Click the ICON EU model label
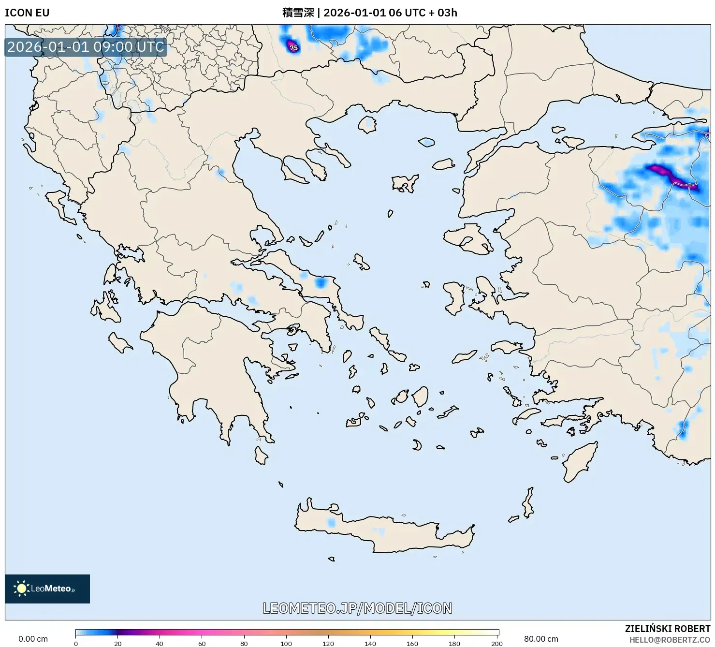27,13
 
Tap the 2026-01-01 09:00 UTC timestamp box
86,47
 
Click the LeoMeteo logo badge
47,588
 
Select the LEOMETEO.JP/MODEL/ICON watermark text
357,608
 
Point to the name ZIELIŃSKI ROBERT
667,629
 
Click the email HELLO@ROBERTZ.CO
670,640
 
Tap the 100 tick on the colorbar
286,643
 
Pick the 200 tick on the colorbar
496,643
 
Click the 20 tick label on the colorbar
118,643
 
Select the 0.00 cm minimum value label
33,639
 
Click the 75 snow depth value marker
293,48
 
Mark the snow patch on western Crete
331,523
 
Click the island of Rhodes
578,461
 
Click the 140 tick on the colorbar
370,643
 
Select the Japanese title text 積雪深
298,13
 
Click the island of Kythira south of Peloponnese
261,455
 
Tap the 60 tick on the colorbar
202,643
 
